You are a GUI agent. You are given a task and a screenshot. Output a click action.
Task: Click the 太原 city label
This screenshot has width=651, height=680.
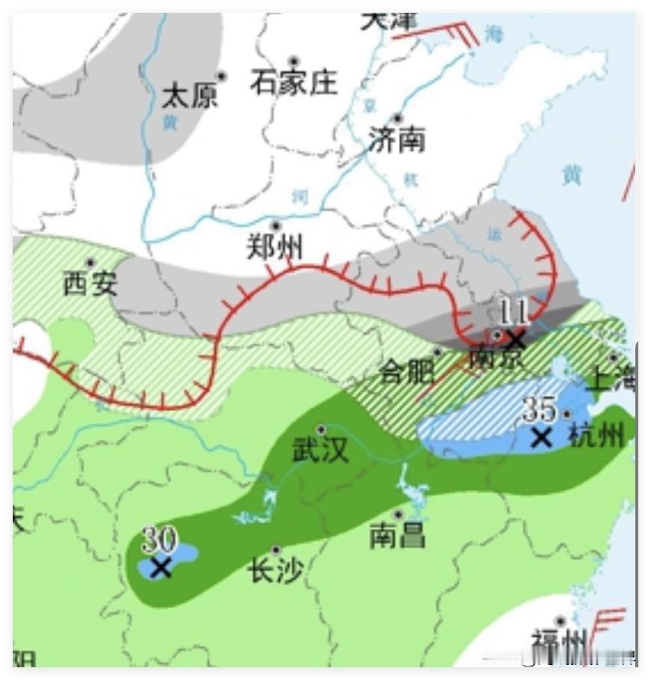tap(189, 96)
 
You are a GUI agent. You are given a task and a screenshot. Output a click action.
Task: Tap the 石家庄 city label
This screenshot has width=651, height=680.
tap(294, 82)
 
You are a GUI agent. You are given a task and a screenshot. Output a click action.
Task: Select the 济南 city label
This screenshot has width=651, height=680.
tap(397, 139)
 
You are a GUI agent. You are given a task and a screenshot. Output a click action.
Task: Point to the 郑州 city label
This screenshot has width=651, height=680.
tap(275, 246)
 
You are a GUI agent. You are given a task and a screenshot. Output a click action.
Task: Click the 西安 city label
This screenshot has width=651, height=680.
tap(90, 283)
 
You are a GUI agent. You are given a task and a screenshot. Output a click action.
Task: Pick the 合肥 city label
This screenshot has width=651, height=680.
tap(407, 371)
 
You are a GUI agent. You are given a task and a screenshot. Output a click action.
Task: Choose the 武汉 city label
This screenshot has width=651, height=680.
tap(320, 450)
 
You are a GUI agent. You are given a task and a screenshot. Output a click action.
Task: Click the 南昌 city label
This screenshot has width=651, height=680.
tap(397, 535)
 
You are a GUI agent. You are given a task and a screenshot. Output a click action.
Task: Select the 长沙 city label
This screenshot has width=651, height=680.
tap(275, 572)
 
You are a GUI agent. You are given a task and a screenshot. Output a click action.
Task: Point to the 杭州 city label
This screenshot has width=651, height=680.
tap(596, 434)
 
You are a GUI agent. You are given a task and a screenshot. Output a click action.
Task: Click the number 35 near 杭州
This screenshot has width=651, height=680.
tap(540, 410)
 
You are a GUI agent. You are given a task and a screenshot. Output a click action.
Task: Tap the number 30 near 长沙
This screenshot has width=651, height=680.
tap(159, 539)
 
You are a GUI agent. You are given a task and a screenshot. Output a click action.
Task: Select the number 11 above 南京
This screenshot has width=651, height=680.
tap(514, 309)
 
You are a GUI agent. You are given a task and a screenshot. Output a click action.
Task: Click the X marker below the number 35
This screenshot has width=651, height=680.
tap(541, 437)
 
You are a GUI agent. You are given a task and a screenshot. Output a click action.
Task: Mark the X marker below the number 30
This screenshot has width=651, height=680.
tap(160, 568)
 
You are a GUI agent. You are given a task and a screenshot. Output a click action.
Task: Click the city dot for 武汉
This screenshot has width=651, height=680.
tap(321, 430)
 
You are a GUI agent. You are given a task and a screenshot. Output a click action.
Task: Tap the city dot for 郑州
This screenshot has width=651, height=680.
tap(275, 225)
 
